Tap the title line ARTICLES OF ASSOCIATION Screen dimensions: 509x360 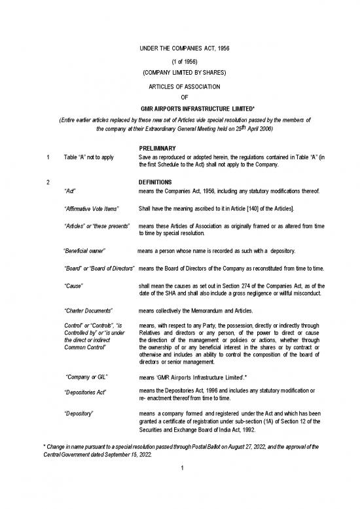pyautogui.click(x=179, y=86)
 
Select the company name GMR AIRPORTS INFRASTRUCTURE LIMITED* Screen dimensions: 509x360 pyautogui.click(x=180, y=109)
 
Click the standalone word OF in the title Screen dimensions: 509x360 pyautogui.click(x=179, y=98)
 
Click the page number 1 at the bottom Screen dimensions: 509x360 pyautogui.click(x=179, y=488)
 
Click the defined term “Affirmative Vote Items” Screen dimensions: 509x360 pyautogui.click(x=91, y=208)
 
